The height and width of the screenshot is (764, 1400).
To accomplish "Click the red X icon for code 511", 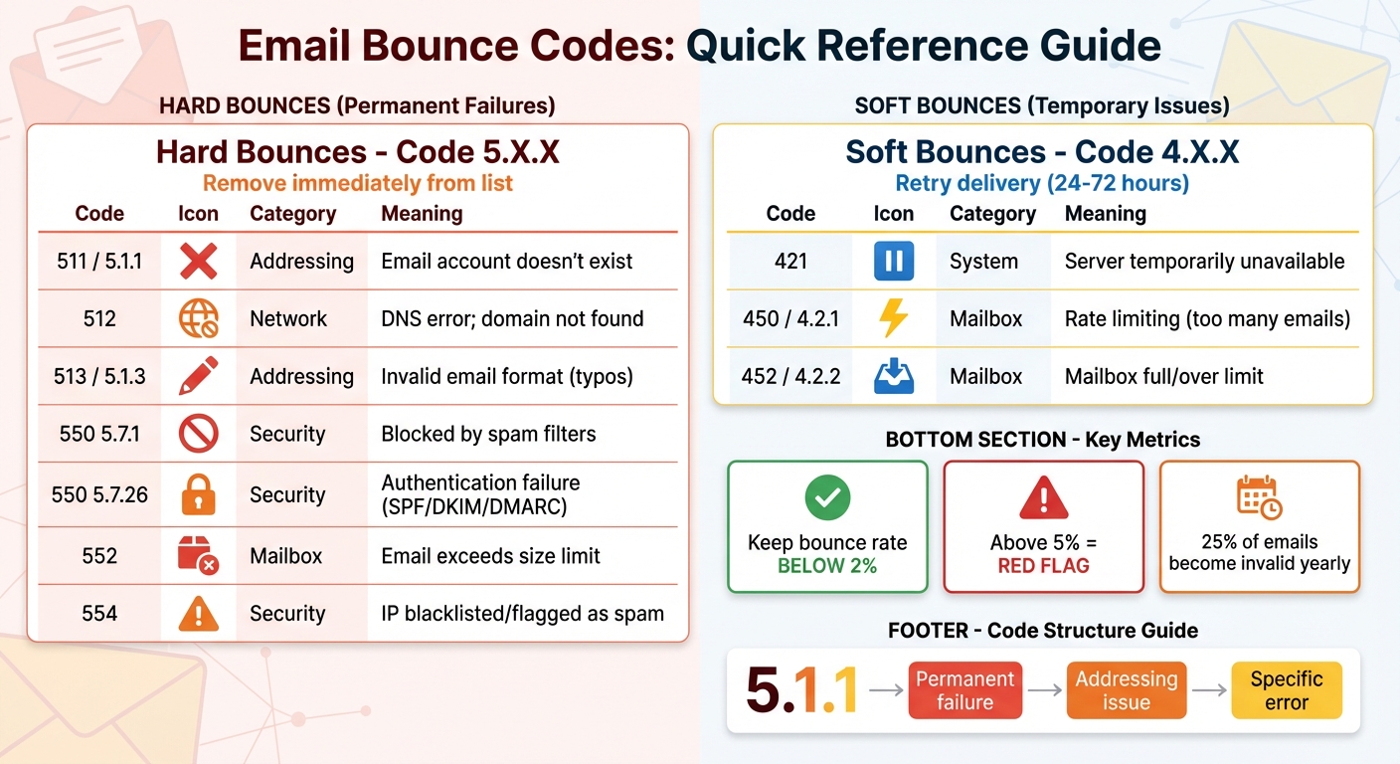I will [x=198, y=262].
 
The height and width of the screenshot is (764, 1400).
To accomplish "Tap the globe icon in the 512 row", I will [x=198, y=319].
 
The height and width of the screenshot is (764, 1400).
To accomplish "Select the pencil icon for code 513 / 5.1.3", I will [x=198, y=376].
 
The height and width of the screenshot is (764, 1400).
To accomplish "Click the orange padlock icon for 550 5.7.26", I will [x=198, y=494].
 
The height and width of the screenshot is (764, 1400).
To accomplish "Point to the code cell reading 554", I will [x=99, y=614].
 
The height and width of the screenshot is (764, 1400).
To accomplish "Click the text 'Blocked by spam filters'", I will [x=488, y=434].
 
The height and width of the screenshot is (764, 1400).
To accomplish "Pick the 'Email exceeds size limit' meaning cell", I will [x=490, y=556].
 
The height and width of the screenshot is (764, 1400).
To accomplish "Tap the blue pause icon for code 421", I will [x=893, y=262].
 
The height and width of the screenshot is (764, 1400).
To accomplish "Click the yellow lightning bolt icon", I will [x=893, y=319].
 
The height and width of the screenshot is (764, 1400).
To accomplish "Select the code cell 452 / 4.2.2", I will [x=790, y=377].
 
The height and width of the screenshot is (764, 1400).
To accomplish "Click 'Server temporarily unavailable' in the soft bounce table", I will [x=1204, y=262].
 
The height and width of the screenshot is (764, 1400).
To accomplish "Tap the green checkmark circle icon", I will [x=827, y=497].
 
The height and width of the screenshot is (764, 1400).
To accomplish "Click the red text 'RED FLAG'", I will [x=1043, y=566].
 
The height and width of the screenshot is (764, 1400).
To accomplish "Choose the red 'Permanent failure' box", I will [x=964, y=690].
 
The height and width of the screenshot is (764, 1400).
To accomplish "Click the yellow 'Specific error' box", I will [x=1286, y=690].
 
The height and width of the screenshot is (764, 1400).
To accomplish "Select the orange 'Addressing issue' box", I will [x=1126, y=690].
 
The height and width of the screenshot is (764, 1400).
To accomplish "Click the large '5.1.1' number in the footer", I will [x=801, y=690].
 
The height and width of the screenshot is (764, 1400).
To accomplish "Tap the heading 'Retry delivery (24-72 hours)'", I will [x=1042, y=184].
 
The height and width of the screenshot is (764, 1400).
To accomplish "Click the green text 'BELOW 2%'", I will [x=827, y=566].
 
